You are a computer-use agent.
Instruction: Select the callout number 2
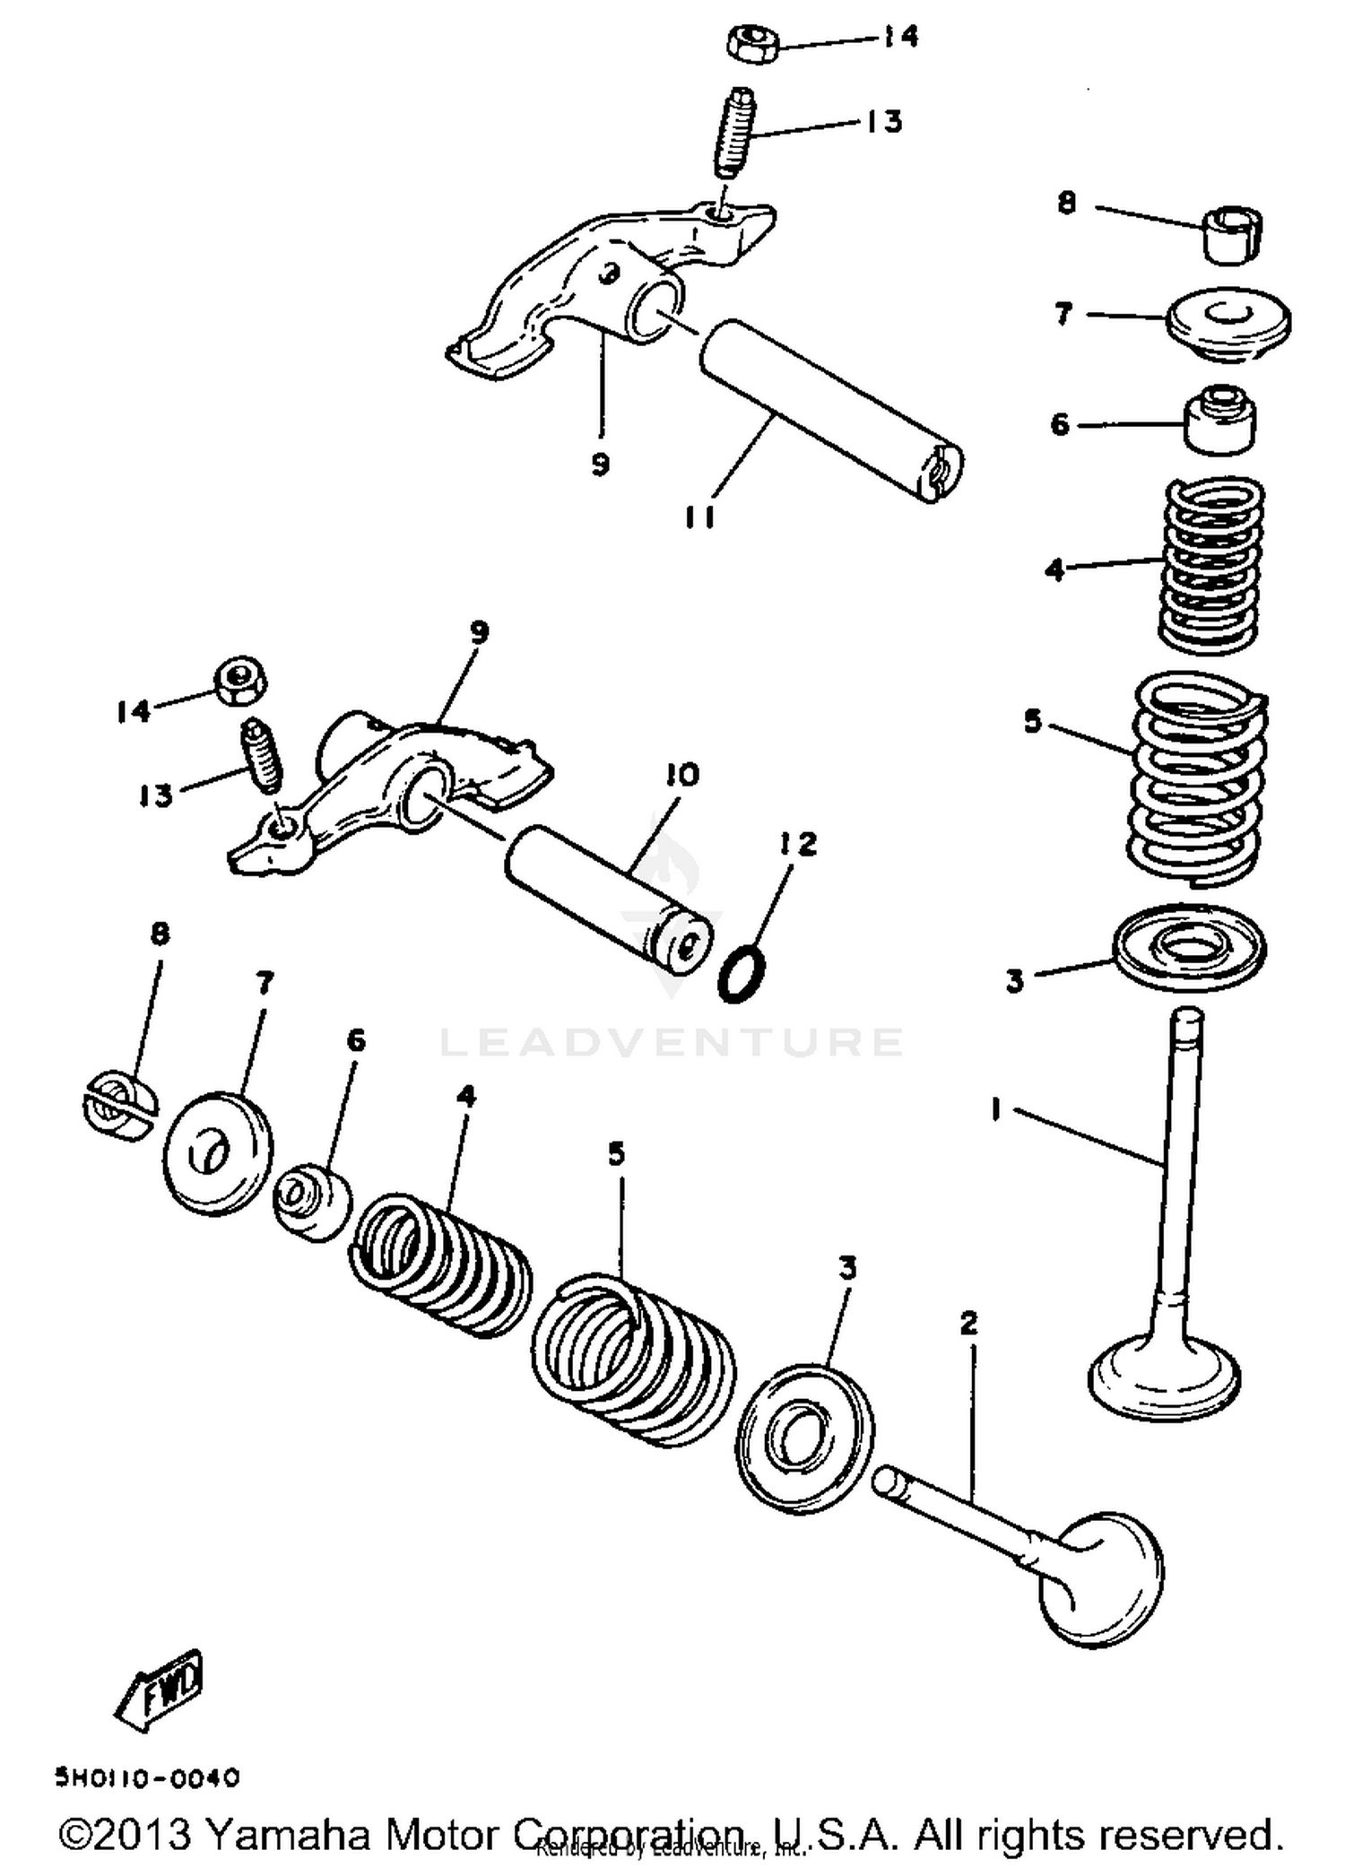[x=968, y=1323]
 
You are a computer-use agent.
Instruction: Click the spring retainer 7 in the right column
[x=1228, y=323]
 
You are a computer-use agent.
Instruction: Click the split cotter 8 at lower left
[x=117, y=1106]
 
